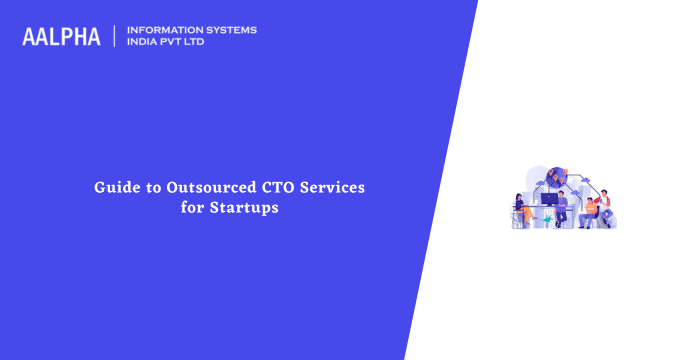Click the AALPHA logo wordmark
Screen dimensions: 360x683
tap(61, 37)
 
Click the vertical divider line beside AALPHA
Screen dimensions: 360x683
tap(115, 36)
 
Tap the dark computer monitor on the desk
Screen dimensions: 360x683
tap(548, 199)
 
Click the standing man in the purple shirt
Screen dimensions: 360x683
tap(562, 207)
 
